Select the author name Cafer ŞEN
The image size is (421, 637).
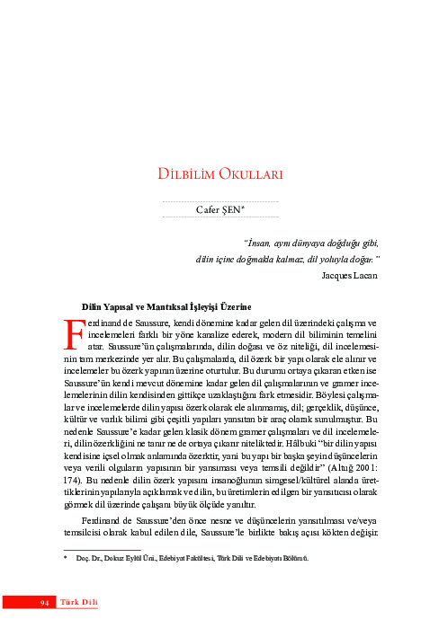pos(219,209)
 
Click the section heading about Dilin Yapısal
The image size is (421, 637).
pos(166,305)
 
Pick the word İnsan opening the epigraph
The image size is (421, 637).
pos(261,242)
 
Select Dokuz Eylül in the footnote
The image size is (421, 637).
pos(124,558)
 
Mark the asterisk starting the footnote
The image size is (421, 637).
pos(65,558)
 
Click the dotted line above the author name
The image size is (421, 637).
pos(219,200)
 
